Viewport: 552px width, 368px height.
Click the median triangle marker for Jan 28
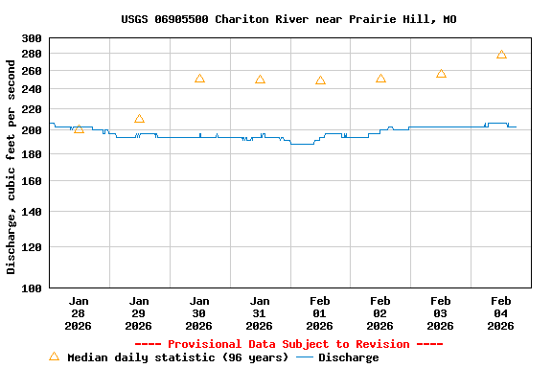(79, 128)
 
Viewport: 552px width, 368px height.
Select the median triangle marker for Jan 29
(139, 119)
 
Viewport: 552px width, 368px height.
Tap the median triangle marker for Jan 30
(199, 79)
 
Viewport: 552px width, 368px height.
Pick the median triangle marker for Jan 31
(260, 80)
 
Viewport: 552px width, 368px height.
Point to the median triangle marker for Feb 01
(320, 80)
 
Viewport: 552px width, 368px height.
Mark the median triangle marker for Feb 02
(380, 79)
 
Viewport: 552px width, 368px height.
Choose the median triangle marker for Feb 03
(441, 74)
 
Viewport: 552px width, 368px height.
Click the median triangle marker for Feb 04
(501, 55)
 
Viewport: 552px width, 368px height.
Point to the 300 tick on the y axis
(32, 38)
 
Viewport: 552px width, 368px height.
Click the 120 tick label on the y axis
(32, 247)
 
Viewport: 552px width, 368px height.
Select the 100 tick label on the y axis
(32, 287)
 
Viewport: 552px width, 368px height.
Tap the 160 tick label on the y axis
(32, 180)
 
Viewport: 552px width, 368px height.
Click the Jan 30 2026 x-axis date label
(199, 312)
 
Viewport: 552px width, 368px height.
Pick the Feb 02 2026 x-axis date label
(380, 312)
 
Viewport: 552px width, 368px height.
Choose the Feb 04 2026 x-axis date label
(501, 312)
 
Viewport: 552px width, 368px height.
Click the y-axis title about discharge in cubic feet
(11, 163)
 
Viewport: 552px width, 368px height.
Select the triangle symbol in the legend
(54, 356)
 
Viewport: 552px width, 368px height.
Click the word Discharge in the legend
(348, 357)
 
